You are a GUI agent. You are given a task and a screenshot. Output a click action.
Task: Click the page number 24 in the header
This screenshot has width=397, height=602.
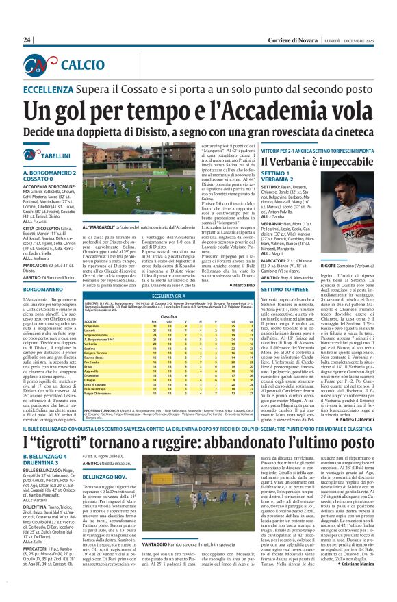(27, 40)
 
